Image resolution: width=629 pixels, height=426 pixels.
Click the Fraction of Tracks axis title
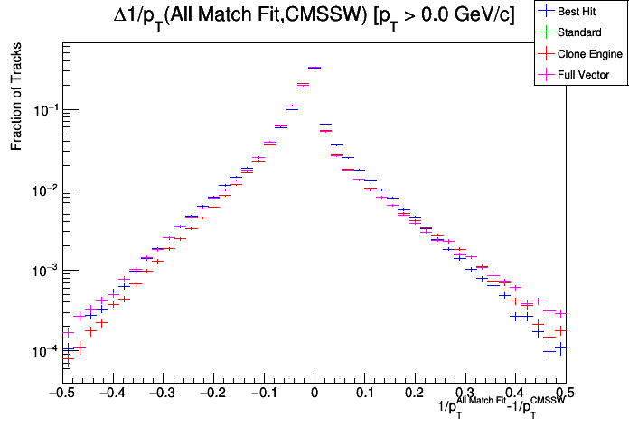(x=16, y=100)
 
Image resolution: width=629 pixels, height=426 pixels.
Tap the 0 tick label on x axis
(x=314, y=393)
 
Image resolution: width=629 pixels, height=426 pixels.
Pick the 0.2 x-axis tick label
(x=415, y=393)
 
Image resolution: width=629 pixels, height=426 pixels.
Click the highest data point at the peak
(x=314, y=68)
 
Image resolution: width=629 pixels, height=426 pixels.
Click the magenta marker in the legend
(x=545, y=75)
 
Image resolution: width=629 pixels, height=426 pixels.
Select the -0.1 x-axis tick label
(x=262, y=393)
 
